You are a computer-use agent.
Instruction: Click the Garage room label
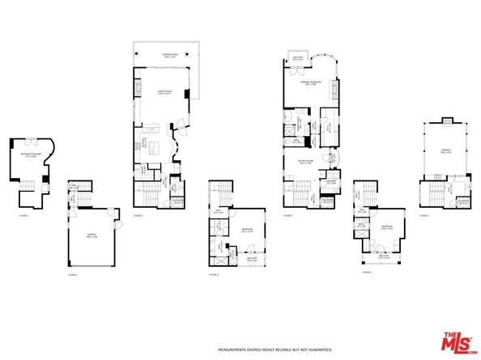pyautogui.click(x=92, y=235)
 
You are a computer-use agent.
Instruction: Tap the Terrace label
pyautogui.click(x=445, y=151)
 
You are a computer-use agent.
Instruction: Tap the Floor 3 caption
pyautogui.click(x=138, y=216)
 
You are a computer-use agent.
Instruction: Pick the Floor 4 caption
pyautogui.click(x=214, y=275)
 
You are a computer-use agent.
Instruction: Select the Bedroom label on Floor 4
pyautogui.click(x=245, y=230)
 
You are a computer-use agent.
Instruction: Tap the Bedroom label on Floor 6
pyautogui.click(x=387, y=227)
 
